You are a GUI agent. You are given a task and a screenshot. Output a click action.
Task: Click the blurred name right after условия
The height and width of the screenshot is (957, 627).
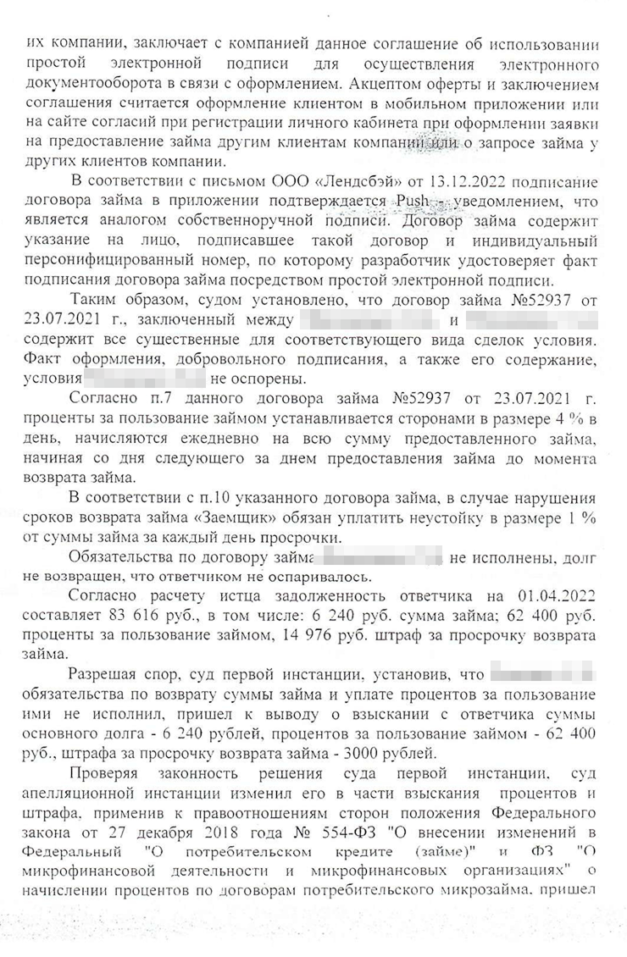[145, 381]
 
